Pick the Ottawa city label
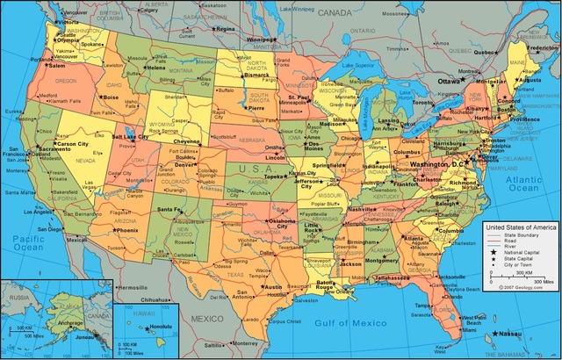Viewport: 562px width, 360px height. pyautogui.click(x=449, y=80)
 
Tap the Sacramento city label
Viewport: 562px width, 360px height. pyautogui.click(x=54, y=150)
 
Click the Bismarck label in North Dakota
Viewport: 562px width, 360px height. pyautogui.click(x=256, y=76)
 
